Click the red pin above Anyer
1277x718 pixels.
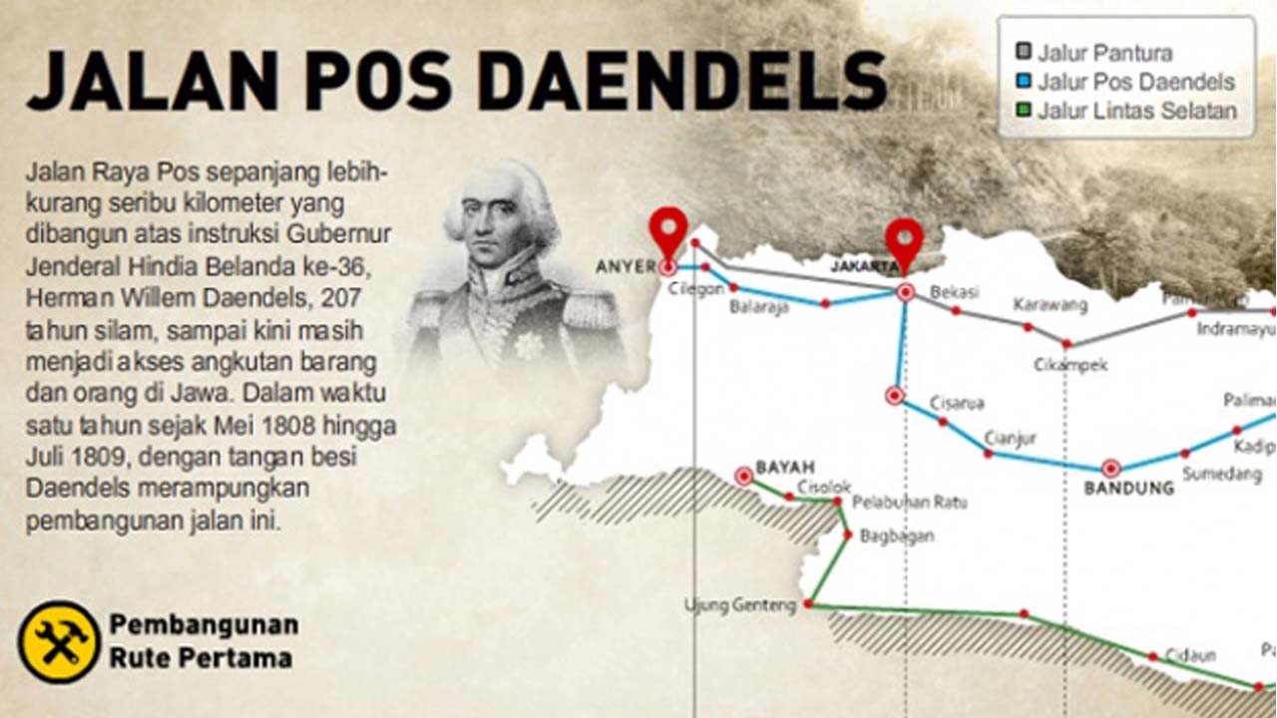point(667,228)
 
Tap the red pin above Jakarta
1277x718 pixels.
point(904,238)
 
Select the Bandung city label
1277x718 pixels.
point(1128,489)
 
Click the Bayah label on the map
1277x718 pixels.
point(785,467)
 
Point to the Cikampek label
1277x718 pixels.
point(1070,365)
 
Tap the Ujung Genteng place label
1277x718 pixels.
point(740,605)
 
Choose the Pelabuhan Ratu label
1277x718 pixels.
point(909,503)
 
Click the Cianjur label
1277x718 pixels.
point(1011,436)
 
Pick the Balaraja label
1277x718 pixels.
point(758,307)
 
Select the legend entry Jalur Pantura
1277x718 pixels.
point(1104,53)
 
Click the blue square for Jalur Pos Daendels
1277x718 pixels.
point(1023,82)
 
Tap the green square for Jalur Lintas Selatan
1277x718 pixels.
point(1023,111)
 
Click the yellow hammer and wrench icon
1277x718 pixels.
point(59,641)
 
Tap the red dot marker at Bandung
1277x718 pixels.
point(1110,468)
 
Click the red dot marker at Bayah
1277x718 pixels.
point(743,476)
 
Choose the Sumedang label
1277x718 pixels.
point(1222,475)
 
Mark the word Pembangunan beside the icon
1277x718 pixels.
point(204,625)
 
